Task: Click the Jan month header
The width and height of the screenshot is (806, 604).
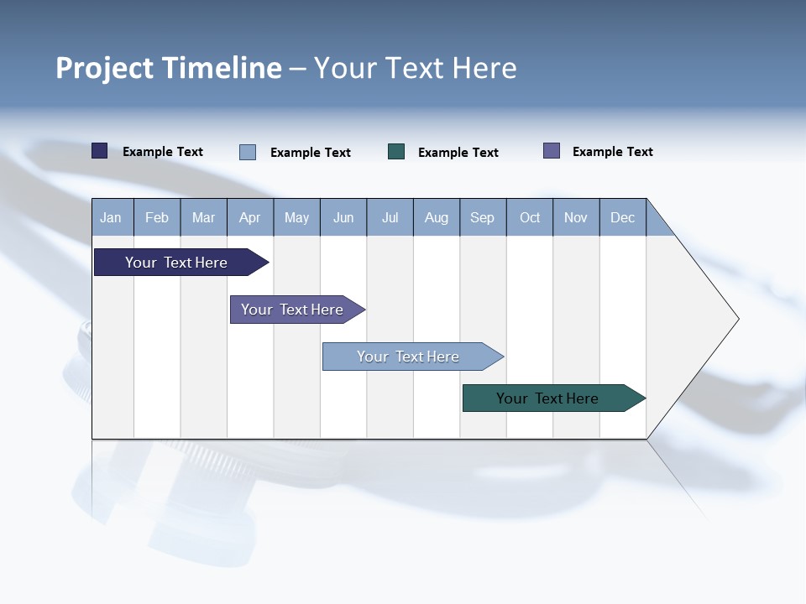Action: click(x=112, y=217)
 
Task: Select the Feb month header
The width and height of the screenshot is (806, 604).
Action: click(x=157, y=217)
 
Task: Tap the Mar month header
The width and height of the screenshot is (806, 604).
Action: click(x=203, y=217)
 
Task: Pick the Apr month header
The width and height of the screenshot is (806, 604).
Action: click(x=250, y=217)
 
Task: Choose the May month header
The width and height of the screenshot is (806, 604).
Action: click(x=296, y=217)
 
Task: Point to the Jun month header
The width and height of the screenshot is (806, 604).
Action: click(x=343, y=217)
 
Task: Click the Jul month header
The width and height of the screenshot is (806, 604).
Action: click(x=390, y=217)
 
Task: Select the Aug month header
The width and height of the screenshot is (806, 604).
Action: click(x=437, y=217)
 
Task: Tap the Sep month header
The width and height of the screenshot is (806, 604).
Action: click(x=483, y=217)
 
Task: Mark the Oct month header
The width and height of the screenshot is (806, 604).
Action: click(x=530, y=217)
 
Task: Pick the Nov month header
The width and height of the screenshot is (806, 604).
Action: click(x=576, y=217)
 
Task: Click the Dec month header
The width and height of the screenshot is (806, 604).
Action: click(x=623, y=217)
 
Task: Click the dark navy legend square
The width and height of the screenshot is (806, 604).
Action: click(x=100, y=151)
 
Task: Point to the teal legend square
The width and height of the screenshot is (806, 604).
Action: click(x=396, y=152)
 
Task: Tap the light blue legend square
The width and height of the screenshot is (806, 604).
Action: click(x=248, y=152)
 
